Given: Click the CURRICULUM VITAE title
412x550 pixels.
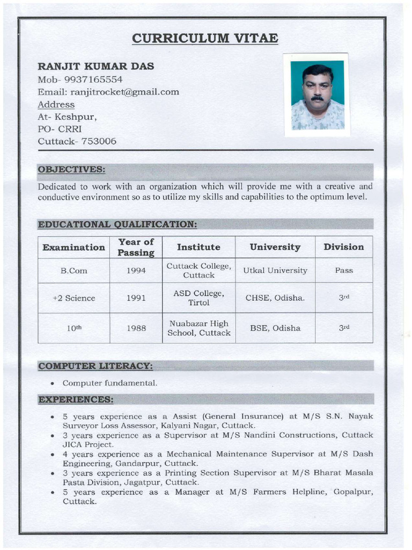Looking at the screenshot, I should [205, 38].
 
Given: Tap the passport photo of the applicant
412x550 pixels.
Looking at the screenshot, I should [318, 95].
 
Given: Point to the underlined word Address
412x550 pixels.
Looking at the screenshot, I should [56, 104].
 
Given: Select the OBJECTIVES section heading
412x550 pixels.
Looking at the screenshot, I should [71, 170].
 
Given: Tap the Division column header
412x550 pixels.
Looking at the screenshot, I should [343, 247].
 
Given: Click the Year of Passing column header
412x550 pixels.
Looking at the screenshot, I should [136, 247].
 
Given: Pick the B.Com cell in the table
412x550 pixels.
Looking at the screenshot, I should [73, 271].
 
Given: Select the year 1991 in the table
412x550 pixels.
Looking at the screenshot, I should [136, 298].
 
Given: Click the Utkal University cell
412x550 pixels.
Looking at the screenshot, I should [275, 271].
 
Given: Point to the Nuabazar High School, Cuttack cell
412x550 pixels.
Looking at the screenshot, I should [198, 328].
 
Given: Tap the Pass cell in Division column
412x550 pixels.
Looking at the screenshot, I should [343, 271].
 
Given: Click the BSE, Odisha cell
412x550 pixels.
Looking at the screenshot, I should [275, 328].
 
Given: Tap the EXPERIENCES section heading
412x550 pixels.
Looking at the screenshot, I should [76, 399].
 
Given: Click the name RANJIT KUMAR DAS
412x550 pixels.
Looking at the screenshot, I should [95, 66].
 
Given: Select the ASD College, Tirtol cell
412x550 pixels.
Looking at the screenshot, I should [198, 298].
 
